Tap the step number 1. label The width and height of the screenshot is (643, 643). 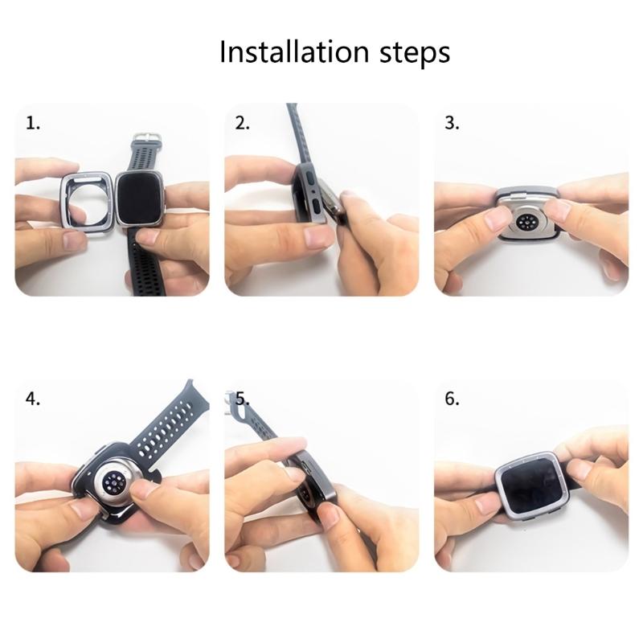33,124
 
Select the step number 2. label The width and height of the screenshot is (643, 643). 243,124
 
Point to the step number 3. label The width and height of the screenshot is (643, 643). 453,124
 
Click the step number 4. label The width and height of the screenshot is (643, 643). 33,399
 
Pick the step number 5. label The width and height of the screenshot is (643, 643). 244,399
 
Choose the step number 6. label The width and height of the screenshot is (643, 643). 453,399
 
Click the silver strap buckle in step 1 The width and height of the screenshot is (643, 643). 145,140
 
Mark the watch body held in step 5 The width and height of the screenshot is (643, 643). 310,482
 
